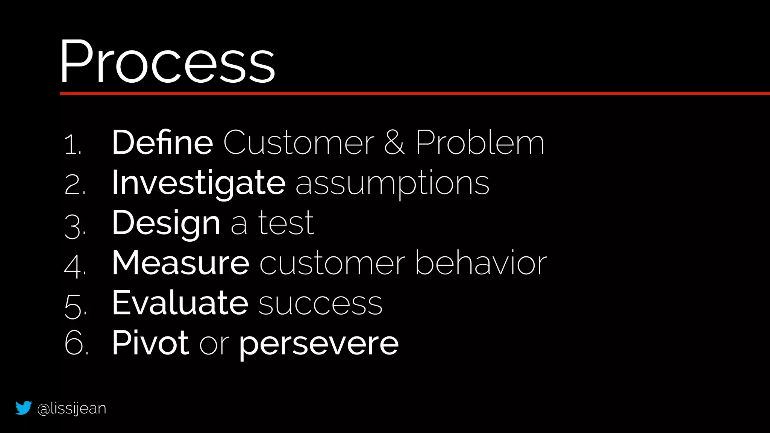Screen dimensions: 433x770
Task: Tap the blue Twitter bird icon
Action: point(23,408)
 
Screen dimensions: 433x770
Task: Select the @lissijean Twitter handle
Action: point(72,409)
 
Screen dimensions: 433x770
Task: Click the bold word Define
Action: point(162,142)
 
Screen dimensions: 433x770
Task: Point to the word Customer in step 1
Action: point(299,143)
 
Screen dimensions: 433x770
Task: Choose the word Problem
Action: point(480,143)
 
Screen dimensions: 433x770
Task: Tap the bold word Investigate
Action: point(199,183)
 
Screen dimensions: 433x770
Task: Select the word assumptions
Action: point(392,183)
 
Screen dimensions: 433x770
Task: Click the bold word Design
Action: point(166,223)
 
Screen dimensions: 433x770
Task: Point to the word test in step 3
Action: point(286,223)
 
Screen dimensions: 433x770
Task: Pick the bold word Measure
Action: point(180,263)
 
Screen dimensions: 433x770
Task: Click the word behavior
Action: point(481,263)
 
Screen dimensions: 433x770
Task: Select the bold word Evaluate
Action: point(180,303)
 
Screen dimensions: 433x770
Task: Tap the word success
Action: point(320,304)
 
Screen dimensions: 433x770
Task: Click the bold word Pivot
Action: point(150,343)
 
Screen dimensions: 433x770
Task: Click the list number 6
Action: point(75,343)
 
